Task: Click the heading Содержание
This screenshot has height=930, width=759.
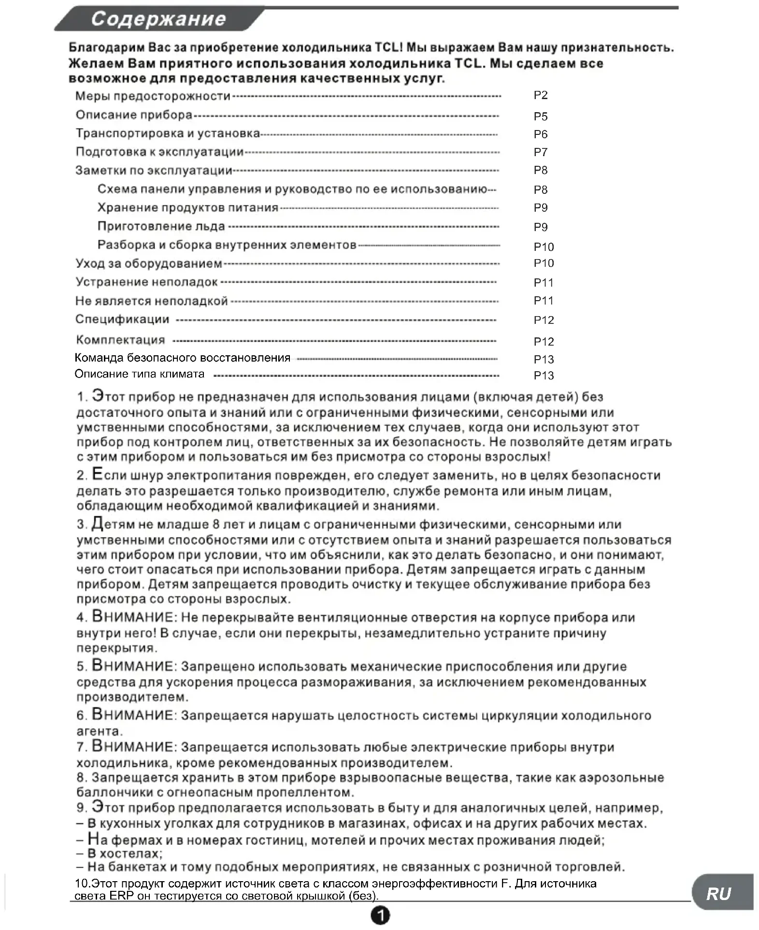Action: [158, 19]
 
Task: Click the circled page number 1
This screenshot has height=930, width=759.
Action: [380, 915]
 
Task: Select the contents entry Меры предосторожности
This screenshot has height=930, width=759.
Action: [153, 96]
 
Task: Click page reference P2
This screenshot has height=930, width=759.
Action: [540, 95]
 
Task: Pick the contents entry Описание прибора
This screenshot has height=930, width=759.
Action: [134, 115]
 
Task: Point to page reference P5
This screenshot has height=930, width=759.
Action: [540, 116]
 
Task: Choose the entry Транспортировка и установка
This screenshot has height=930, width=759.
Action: [168, 133]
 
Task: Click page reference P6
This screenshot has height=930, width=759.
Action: [540, 134]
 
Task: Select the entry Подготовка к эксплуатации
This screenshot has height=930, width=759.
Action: [159, 152]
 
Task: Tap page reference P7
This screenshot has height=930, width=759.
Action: [540, 152]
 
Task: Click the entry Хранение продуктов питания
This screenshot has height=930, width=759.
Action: [188, 208]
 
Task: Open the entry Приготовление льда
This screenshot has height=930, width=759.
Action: [161, 227]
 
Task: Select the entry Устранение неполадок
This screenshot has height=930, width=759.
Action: [146, 282]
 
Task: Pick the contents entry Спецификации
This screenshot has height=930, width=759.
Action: [122, 320]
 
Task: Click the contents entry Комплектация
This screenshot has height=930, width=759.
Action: [120, 340]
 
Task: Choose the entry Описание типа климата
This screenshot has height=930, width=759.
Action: [139, 374]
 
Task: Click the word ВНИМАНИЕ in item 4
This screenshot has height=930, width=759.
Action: [132, 617]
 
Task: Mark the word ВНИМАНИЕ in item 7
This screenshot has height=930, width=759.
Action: [132, 747]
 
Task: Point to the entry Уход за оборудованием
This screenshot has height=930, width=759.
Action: [149, 264]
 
